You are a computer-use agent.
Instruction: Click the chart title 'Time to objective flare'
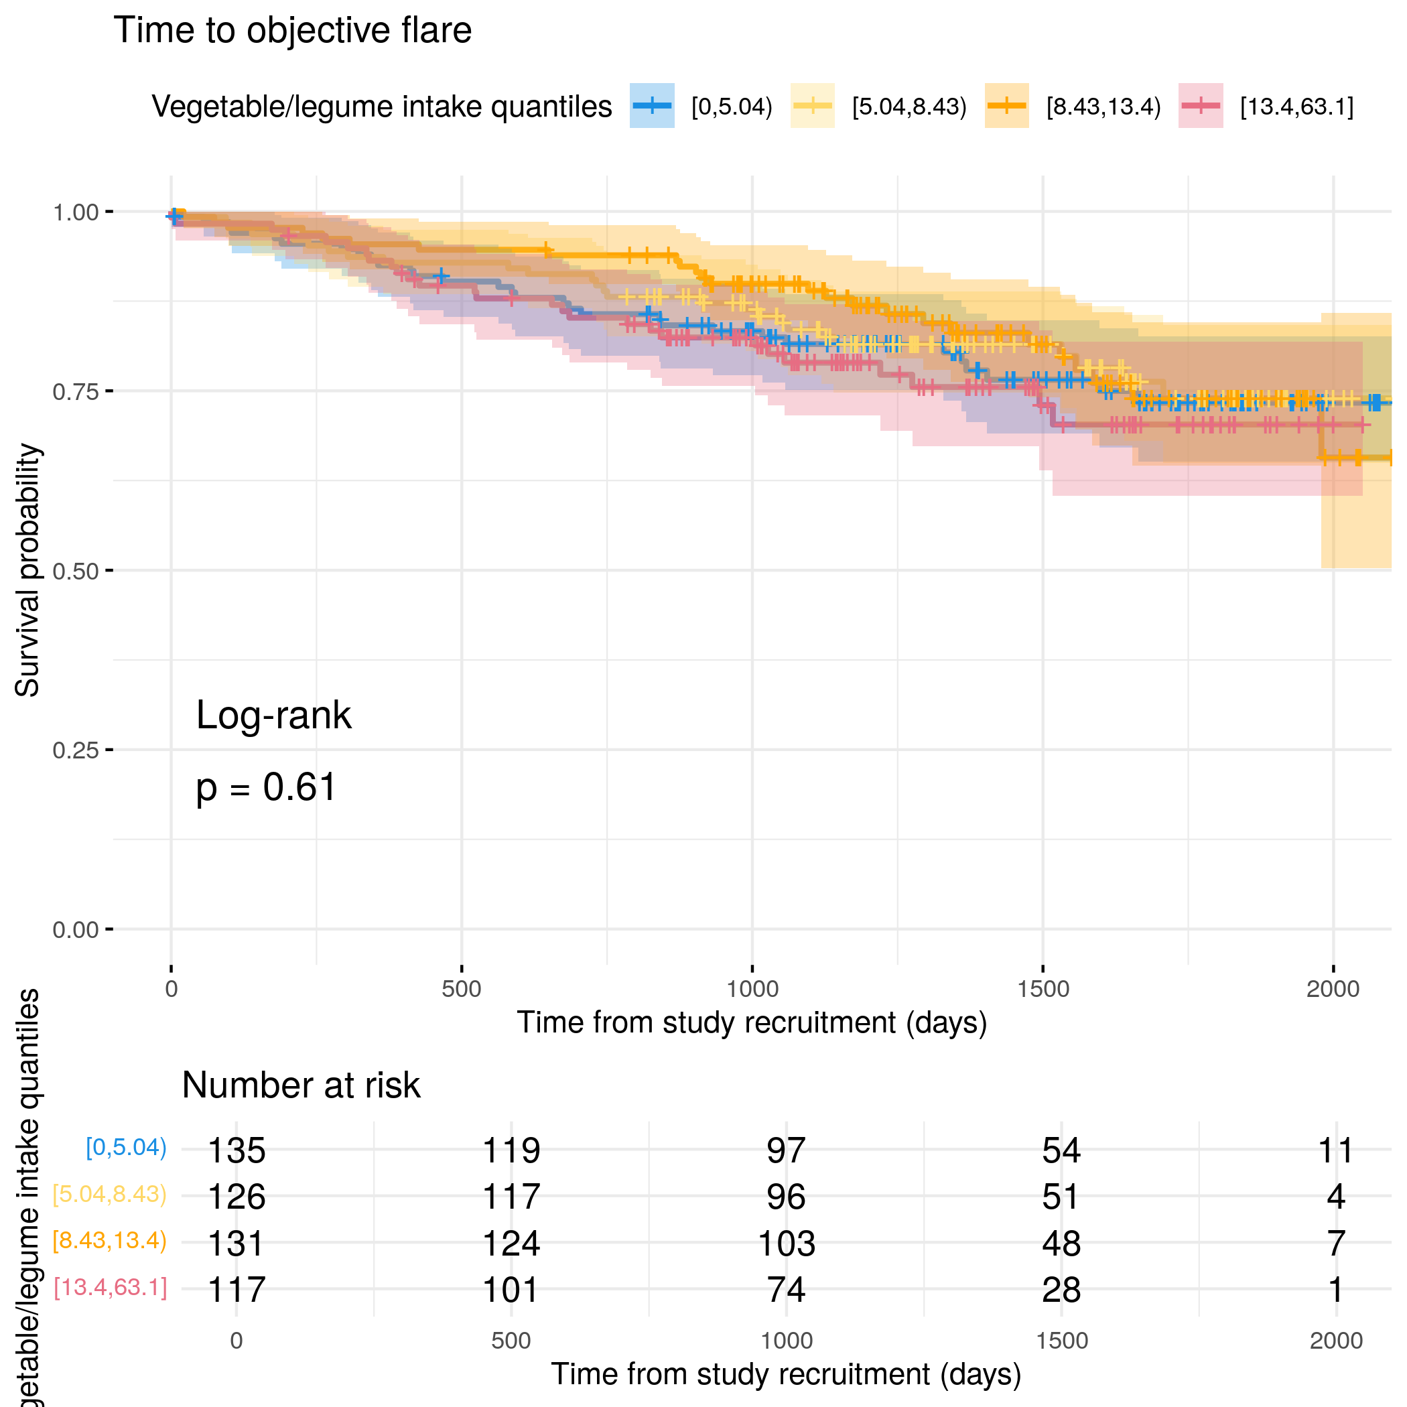click(292, 31)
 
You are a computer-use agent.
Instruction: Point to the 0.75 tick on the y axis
click(109, 391)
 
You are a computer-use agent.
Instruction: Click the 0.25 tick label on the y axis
click(75, 750)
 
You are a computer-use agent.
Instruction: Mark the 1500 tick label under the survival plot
click(1043, 989)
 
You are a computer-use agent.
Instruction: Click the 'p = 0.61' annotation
click(266, 787)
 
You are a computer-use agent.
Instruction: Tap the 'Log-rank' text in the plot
click(273, 715)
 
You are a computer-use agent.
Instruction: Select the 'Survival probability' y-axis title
click(27, 570)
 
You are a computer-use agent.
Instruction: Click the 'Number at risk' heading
click(301, 1085)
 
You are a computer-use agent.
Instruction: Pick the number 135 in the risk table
click(237, 1150)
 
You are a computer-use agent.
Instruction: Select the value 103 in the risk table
click(787, 1243)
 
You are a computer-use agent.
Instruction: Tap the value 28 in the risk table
click(1061, 1290)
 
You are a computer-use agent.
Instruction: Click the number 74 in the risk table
click(787, 1290)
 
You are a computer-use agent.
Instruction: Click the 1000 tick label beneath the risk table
click(787, 1341)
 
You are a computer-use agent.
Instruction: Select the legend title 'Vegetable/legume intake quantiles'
click(382, 107)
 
